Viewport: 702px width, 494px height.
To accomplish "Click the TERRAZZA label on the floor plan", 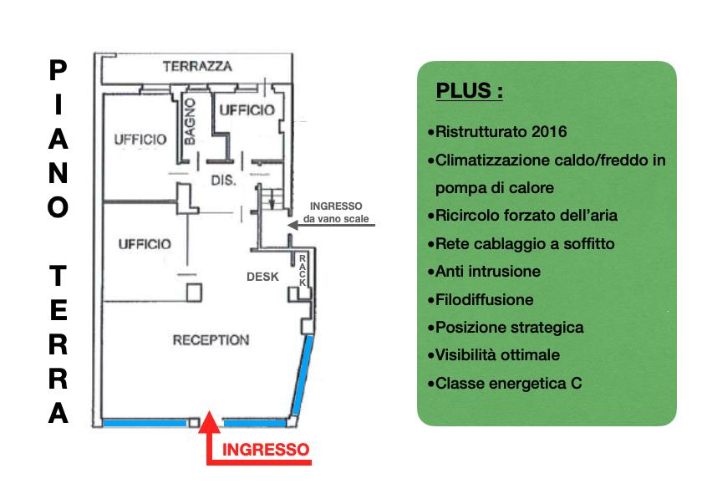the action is tap(197, 67).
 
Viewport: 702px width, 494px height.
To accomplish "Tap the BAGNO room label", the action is tap(190, 122).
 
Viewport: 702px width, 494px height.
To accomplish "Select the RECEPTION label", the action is tap(211, 340).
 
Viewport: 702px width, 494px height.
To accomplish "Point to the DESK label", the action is tap(262, 277).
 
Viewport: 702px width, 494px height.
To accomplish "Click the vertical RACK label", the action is tap(303, 271).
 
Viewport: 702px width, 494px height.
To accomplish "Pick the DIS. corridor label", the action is tap(223, 181).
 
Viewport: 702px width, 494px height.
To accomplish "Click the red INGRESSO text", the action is tap(266, 450).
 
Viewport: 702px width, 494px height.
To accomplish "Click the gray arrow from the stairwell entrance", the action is tap(331, 225).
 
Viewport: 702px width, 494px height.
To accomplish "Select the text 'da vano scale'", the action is tap(336, 219).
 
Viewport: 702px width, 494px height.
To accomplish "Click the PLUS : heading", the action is tap(469, 90).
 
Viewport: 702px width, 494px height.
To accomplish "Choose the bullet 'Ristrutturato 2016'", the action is tap(497, 132).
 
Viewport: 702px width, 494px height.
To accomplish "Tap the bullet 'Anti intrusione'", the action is tap(484, 272).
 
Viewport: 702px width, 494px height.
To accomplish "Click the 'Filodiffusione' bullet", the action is tap(481, 299).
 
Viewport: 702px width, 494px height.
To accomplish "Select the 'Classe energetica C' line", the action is tap(505, 384).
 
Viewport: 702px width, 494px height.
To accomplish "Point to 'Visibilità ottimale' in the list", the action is tap(494, 355).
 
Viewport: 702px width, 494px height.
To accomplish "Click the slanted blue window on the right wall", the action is tap(303, 376).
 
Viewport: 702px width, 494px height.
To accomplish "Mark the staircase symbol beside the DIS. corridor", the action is tap(272, 199).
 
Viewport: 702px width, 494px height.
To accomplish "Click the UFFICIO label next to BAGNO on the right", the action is tap(247, 110).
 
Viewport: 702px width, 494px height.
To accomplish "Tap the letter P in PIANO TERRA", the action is tap(58, 70).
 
